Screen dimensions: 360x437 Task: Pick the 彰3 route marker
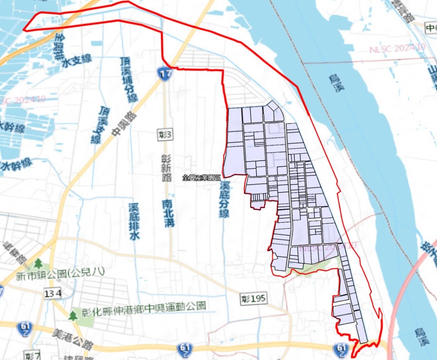tap(165, 135)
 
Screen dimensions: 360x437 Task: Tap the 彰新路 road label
tap(167, 168)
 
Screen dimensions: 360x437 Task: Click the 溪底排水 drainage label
tap(134, 221)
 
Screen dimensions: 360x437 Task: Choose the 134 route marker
tap(53, 293)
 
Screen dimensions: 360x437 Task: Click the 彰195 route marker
tap(254, 299)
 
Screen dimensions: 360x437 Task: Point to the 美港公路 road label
tap(72, 339)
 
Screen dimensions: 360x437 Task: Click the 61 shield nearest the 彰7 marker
tap(24, 327)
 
